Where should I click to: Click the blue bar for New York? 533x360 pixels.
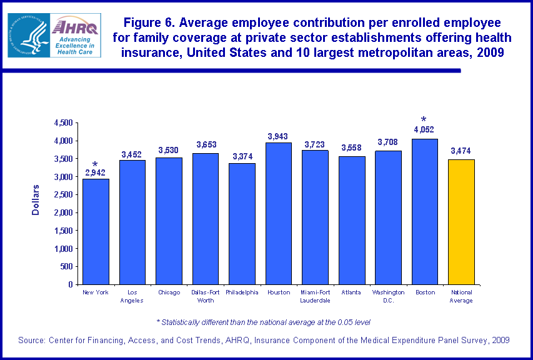click(96, 231)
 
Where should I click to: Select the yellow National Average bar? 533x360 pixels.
click(461, 222)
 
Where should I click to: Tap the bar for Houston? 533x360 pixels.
click(279, 213)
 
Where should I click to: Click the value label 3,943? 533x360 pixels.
click(279, 136)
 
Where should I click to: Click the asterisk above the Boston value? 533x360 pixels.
click(424, 119)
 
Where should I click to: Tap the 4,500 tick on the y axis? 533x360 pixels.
click(63, 123)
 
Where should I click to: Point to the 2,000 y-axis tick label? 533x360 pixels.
click(63, 212)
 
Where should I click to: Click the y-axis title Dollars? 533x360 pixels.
click(36, 200)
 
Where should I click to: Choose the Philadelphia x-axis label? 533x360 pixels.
click(242, 292)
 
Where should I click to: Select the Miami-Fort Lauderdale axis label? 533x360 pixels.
click(315, 296)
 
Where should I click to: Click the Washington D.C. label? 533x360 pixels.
click(388, 296)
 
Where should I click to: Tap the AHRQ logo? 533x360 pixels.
click(74, 36)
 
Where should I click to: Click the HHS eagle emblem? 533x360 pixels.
click(28, 36)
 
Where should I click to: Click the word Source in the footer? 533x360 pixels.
click(33, 340)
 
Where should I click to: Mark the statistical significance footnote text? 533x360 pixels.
click(263, 322)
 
